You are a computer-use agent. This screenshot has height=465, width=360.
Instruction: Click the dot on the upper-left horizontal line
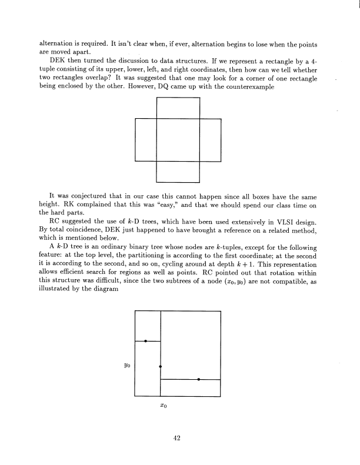146,340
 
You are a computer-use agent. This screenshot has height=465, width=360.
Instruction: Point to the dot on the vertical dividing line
161,366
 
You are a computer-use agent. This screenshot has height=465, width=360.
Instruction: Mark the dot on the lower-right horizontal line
199,380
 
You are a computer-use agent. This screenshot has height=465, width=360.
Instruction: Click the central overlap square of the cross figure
178,139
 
